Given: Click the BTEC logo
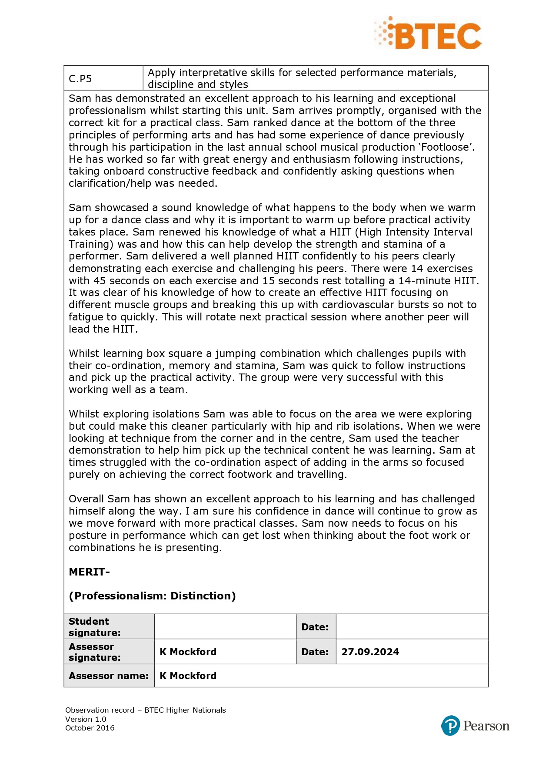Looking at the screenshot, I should click(x=428, y=34).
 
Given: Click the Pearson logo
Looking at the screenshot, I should click(x=475, y=726).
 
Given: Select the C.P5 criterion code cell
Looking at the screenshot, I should click(x=80, y=79).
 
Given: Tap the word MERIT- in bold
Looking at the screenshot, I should click(x=89, y=572).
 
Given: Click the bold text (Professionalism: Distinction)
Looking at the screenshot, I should click(x=152, y=596).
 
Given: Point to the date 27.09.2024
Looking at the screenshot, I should click(x=370, y=652).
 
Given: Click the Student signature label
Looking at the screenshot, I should click(x=94, y=627).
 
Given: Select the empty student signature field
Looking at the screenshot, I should click(x=225, y=627).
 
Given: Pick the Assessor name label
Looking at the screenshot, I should click(x=109, y=676).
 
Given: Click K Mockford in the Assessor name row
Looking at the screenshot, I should click(x=188, y=676).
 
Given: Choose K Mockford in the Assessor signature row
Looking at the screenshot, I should click(x=188, y=652).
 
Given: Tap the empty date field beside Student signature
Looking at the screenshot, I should click(x=412, y=627).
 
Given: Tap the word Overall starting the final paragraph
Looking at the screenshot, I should click(x=87, y=499).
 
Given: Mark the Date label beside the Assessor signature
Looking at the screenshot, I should click(x=315, y=652).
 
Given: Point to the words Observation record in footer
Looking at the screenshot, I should click(x=100, y=710).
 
